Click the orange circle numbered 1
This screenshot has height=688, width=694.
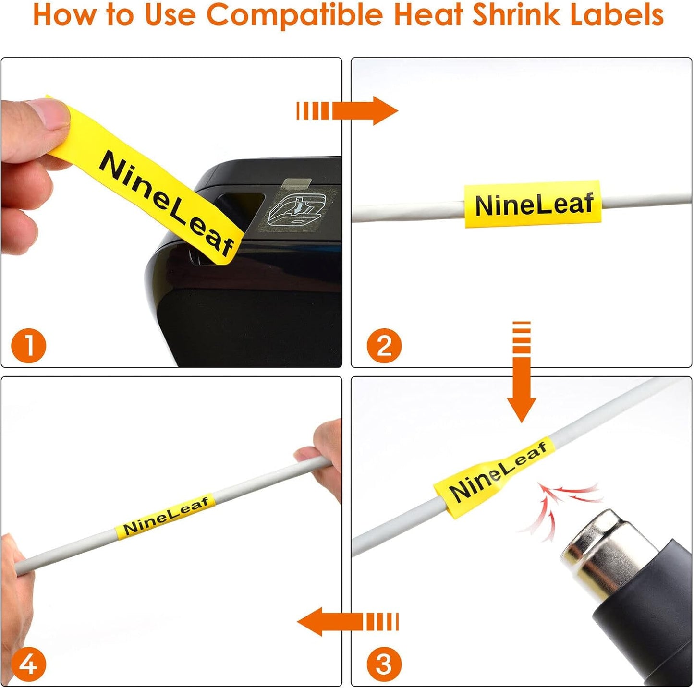click(x=28, y=346)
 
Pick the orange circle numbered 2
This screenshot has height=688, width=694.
click(x=384, y=346)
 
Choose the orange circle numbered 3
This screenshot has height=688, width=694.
click(x=384, y=664)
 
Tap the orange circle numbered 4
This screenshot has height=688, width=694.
click(x=28, y=664)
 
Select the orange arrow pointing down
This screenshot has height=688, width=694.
click(x=522, y=374)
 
